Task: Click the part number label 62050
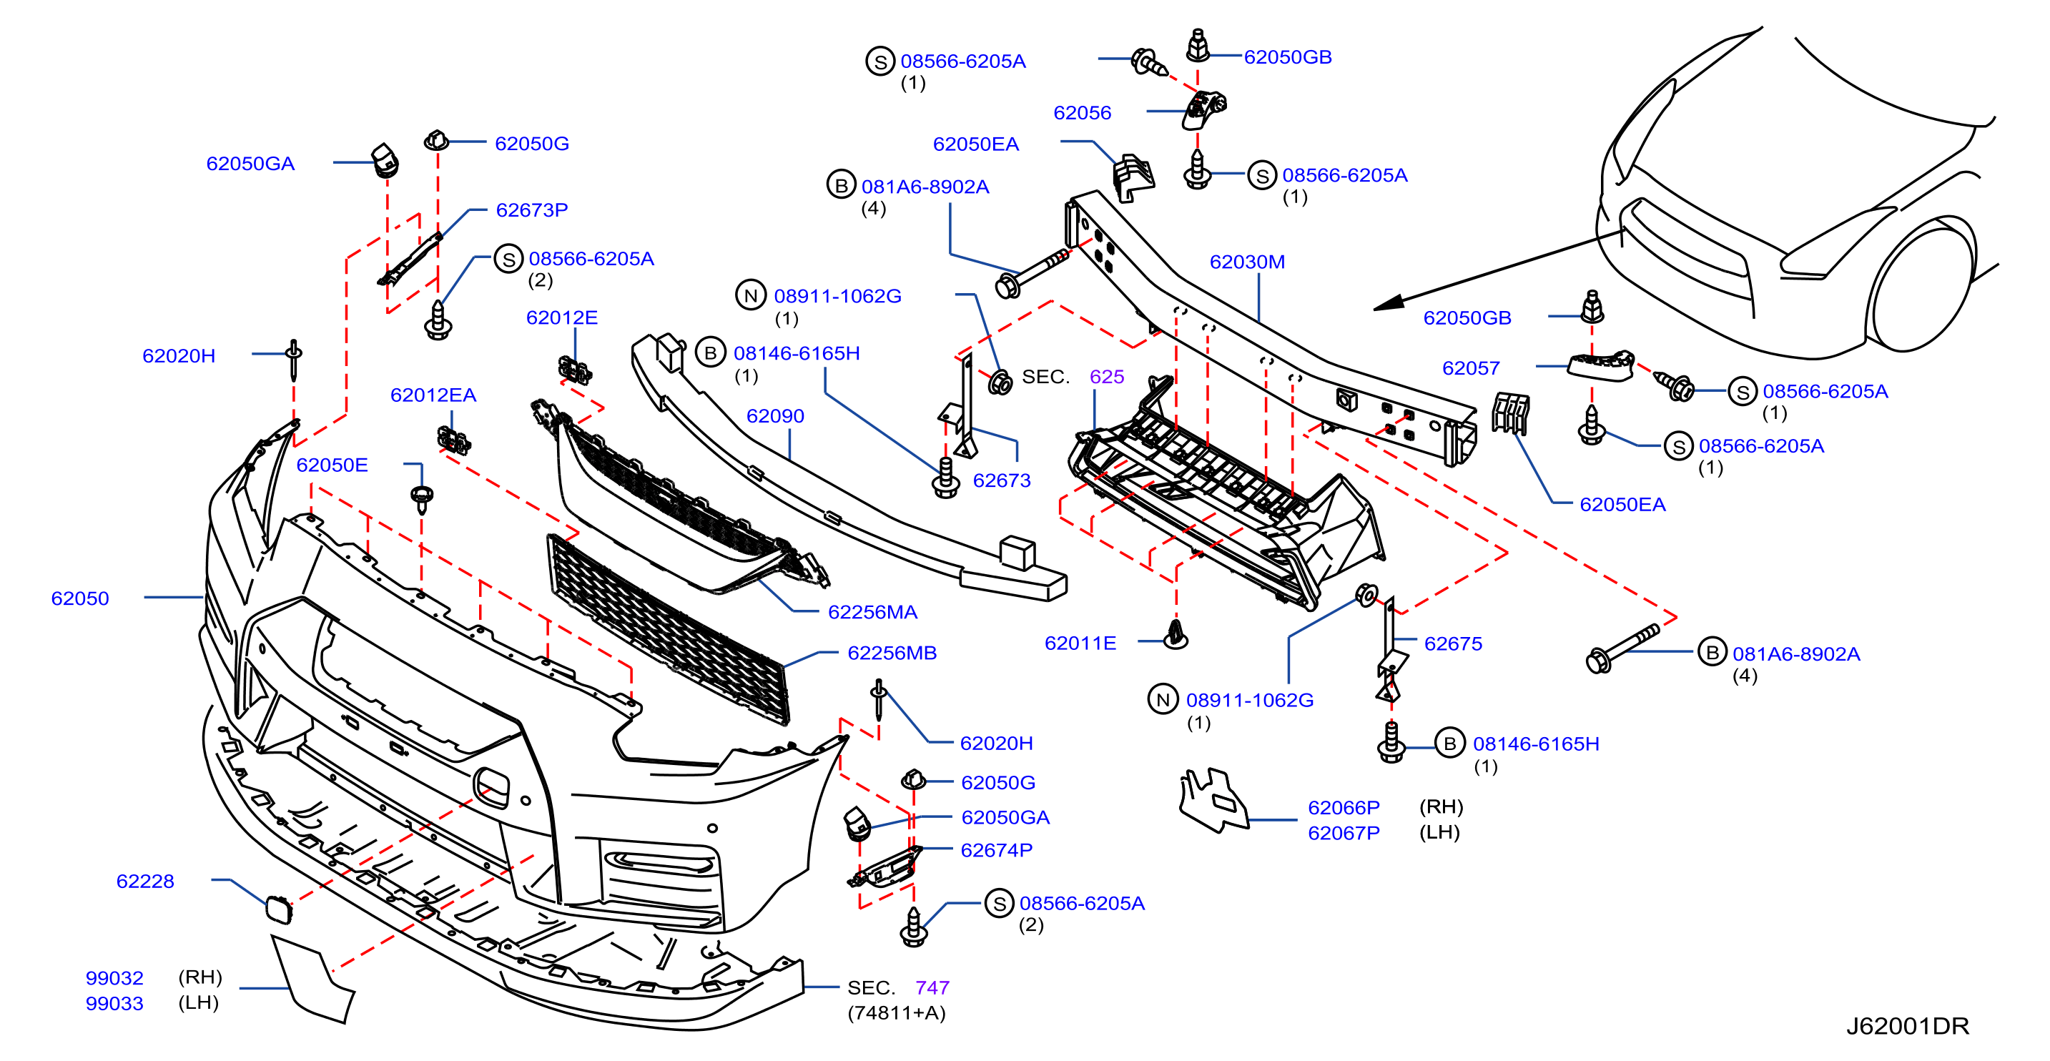tap(79, 598)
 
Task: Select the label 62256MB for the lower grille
tap(892, 653)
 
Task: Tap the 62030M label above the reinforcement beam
tap(1246, 262)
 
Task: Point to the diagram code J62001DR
tap(1907, 1026)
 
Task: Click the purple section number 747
tap(932, 988)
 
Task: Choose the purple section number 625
tap(1106, 377)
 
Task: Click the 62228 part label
tap(145, 881)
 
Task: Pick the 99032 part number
tap(114, 978)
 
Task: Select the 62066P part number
tap(1344, 808)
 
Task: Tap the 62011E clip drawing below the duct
tap(1176, 634)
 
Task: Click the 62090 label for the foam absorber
tap(775, 416)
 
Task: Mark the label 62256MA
tap(872, 612)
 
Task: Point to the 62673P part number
tap(531, 210)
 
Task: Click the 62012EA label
tap(433, 395)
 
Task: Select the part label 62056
tap(1083, 113)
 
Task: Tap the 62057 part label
tap(1471, 368)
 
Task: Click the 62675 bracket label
tap(1453, 644)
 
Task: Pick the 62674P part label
tap(996, 850)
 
